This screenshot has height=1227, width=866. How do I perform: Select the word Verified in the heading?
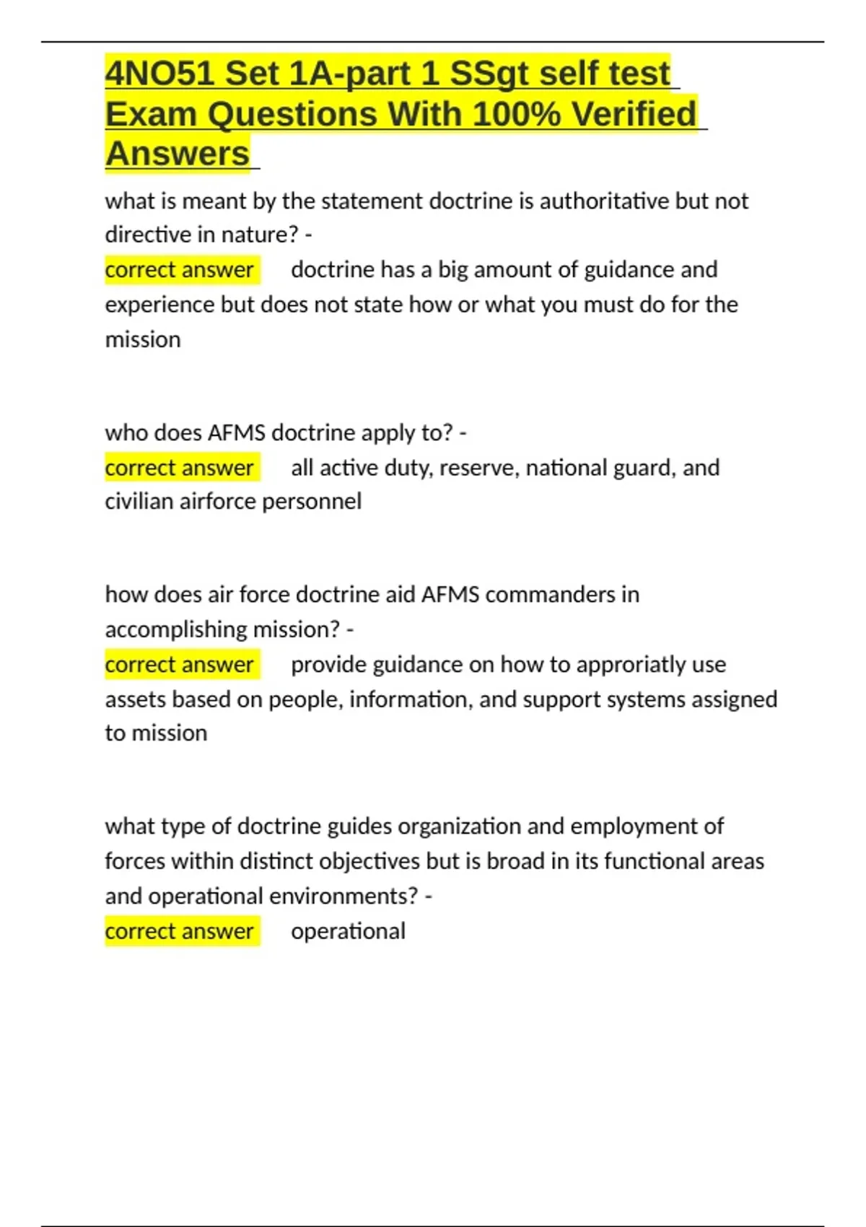point(634,114)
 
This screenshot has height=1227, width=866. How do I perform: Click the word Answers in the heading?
point(177,154)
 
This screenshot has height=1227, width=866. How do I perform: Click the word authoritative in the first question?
point(604,201)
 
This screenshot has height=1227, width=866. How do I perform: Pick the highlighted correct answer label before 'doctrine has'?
point(179,270)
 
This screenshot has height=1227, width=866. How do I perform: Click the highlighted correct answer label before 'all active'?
point(179,468)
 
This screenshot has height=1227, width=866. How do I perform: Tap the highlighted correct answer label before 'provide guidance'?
point(179,664)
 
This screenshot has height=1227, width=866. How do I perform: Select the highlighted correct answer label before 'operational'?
point(179,931)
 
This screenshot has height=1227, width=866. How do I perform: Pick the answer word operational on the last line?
point(348,931)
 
